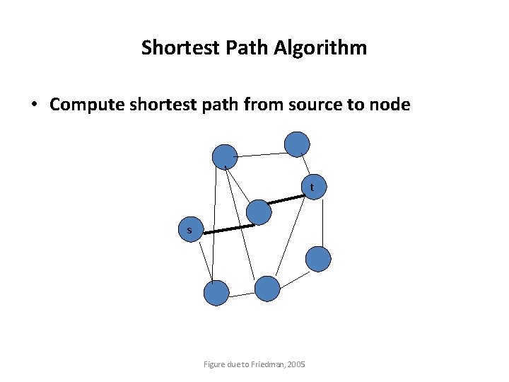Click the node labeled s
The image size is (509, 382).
click(x=189, y=231)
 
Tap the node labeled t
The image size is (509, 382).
click(x=312, y=187)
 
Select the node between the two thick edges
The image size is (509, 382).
click(x=259, y=212)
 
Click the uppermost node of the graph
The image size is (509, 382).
click(x=297, y=144)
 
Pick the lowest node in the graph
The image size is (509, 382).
click(x=216, y=293)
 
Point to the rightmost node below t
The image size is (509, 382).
click(x=318, y=258)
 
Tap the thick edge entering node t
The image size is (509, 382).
click(x=287, y=200)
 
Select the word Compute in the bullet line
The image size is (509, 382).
click(x=83, y=105)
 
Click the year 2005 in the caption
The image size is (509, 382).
click(x=296, y=364)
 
